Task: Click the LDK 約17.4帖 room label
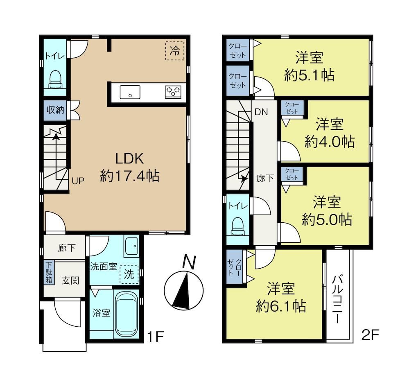tap(130, 167)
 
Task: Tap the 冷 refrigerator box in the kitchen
tap(175, 50)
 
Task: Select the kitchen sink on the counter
tap(130, 92)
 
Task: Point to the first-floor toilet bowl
tap(55, 79)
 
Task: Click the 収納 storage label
tap(55, 110)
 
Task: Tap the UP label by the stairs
tap(78, 181)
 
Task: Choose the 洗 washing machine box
tap(129, 274)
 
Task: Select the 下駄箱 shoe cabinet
tap(49, 273)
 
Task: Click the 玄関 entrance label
tap(70, 280)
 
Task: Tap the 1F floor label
tap(156, 337)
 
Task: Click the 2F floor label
tap(370, 335)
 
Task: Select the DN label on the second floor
tap(261, 112)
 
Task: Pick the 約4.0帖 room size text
tap(330, 142)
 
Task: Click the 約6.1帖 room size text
tap(281, 306)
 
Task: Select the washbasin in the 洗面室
tap(131, 246)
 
